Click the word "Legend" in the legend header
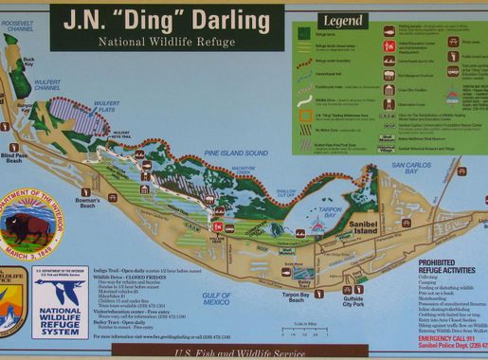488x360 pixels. pyautogui.click(x=343, y=20)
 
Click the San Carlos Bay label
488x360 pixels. pyautogui.click(x=411, y=168)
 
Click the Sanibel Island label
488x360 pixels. pyautogui.click(x=366, y=228)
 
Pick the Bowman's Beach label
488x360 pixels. pyautogui.click(x=88, y=203)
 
